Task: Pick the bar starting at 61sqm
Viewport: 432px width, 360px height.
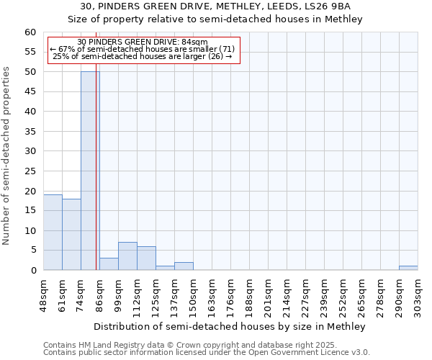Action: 71,234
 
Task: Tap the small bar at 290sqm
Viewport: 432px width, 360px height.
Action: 408,268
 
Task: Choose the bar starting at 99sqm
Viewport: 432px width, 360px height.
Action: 127,256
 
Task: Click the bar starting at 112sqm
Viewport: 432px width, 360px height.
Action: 146,258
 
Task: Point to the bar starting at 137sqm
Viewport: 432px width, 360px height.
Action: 184,266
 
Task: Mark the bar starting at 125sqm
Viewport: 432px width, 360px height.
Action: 165,268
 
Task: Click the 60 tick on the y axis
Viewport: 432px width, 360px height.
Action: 30,32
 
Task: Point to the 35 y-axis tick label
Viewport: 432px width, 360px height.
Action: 30,132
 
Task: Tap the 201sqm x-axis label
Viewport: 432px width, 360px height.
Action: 268,294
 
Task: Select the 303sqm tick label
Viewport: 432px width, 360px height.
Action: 418,294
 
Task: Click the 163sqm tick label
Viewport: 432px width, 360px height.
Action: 212,294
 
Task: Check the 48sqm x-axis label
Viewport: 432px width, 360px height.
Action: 43,294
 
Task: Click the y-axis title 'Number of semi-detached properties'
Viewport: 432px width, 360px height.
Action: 7,156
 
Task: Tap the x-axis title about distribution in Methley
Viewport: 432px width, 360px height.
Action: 230,326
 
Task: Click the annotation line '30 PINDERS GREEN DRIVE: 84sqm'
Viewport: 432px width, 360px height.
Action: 142,42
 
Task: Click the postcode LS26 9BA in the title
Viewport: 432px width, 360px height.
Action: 330,6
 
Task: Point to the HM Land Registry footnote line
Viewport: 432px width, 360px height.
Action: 205,345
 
